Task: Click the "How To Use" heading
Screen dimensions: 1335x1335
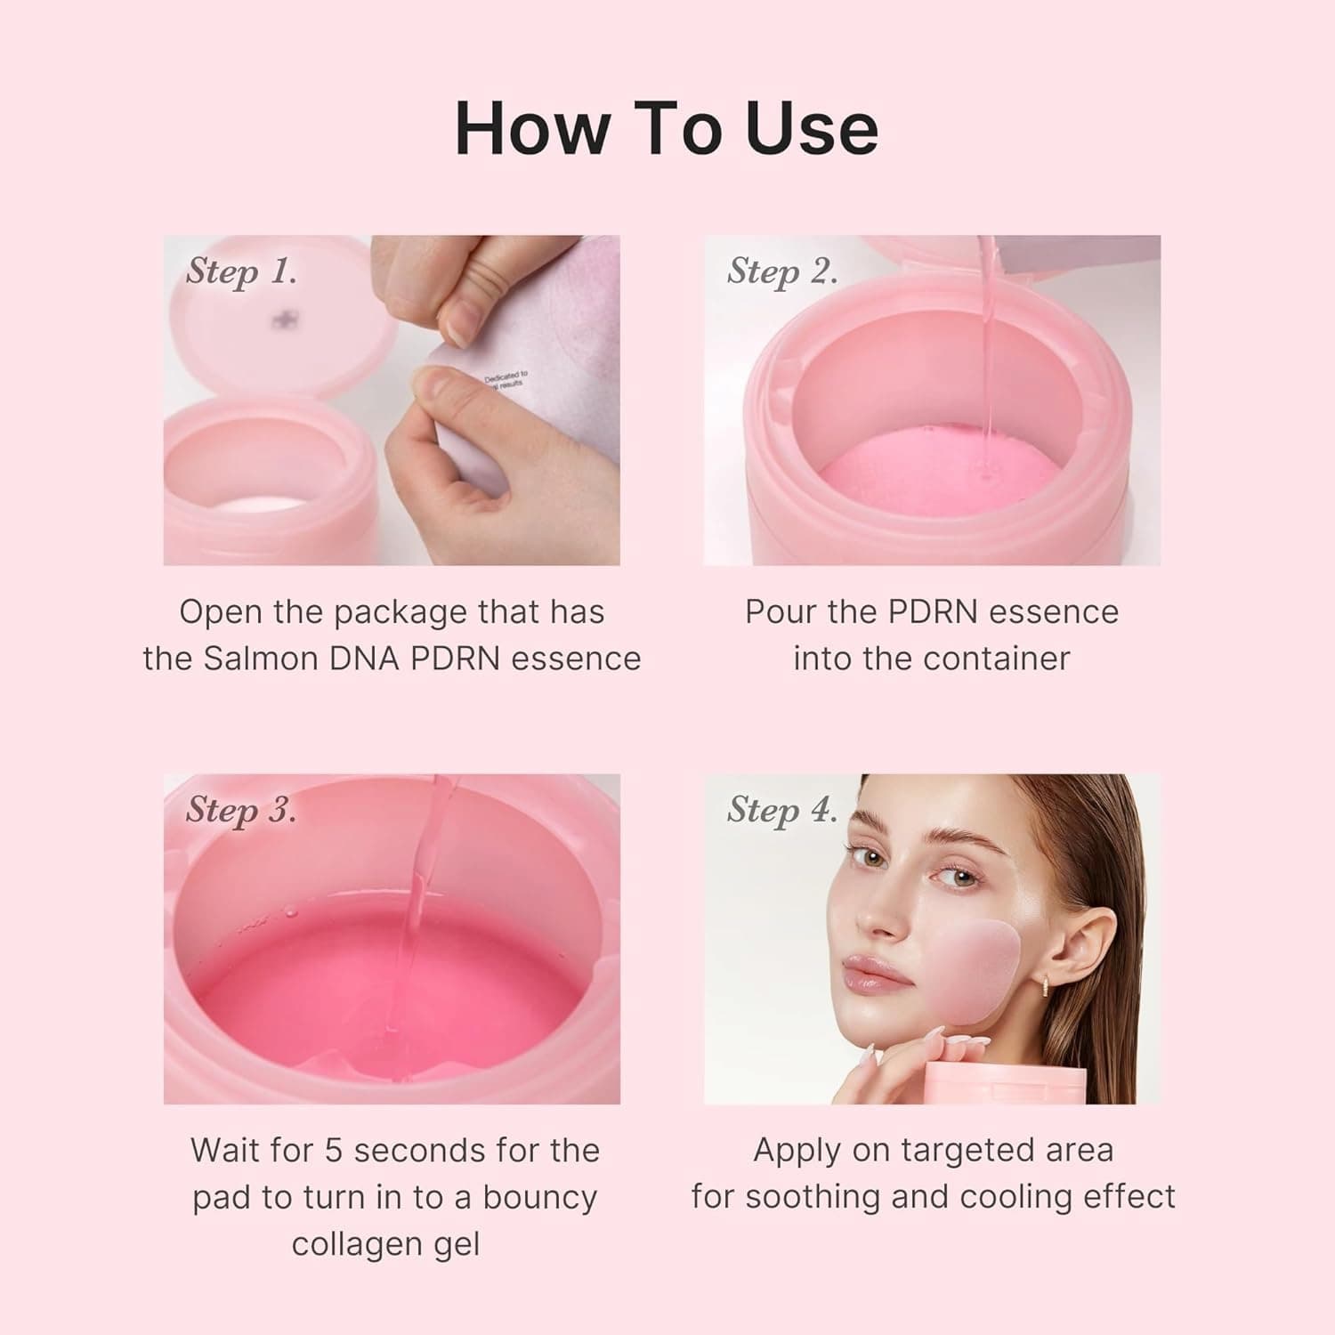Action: [667, 129]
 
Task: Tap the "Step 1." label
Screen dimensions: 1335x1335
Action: [241, 271]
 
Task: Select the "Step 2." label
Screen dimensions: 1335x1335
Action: [782, 271]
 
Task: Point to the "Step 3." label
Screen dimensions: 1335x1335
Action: [241, 810]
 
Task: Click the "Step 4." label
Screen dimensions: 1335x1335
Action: [782, 810]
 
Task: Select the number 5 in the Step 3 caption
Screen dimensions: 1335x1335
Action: [333, 1151]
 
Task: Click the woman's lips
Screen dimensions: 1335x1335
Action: [877, 975]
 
